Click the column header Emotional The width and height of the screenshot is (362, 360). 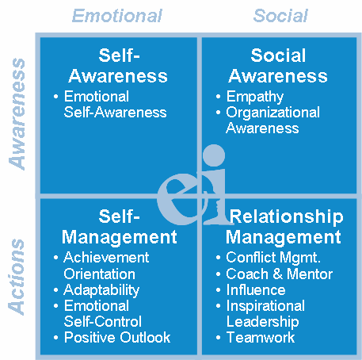pos(117,16)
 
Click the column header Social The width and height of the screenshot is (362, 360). pos(280,16)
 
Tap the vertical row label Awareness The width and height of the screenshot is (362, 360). pos(17,114)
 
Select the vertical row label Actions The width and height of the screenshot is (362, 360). pos(17,277)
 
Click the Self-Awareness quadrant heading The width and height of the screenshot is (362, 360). pos(118,66)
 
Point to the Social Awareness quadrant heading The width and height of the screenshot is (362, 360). pos(278,66)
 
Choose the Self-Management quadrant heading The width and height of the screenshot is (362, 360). pos(120,227)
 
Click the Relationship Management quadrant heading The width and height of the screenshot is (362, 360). pos(284,227)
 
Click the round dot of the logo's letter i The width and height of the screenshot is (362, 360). pos(214,155)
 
